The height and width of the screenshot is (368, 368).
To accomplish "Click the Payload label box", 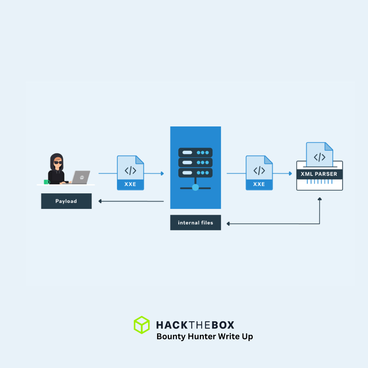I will point(66,201).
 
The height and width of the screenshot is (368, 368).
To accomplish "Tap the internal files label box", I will point(195,223).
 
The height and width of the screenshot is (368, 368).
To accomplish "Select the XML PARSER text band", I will point(319,174).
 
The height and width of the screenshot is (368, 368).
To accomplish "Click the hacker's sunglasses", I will point(58,163).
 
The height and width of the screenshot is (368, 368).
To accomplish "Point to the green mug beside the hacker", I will point(46,182).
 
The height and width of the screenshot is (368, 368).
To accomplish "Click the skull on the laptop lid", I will point(82,177).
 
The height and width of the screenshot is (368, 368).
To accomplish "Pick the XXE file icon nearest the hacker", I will point(130,173).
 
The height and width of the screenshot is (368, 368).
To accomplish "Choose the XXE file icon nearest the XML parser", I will point(259,173).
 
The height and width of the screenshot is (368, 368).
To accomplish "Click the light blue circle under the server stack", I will point(195,187).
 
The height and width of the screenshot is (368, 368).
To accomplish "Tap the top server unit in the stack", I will point(195,152).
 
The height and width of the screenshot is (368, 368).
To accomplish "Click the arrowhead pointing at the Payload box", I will point(100,201).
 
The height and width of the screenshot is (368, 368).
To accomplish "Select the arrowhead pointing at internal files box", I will point(228,224).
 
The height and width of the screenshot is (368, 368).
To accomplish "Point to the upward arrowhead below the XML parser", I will point(319,198).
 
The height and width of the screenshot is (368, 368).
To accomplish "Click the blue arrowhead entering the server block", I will point(162,174).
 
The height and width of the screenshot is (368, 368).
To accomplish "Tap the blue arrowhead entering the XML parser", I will point(290,174).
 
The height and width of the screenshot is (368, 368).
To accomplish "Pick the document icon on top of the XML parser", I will point(319,155).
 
